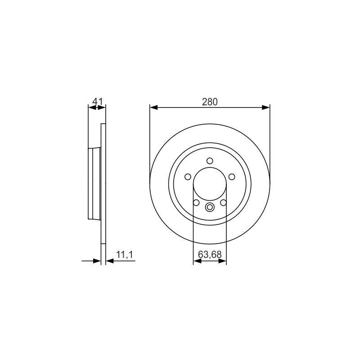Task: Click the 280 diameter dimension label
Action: [x=210, y=102]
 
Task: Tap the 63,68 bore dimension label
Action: [x=210, y=254]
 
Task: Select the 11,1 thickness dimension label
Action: [x=125, y=254]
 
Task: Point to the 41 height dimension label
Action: [x=97, y=101]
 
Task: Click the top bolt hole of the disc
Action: [x=210, y=161]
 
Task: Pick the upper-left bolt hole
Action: [x=188, y=177]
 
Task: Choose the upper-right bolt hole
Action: [x=232, y=177]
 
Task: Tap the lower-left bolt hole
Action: [x=196, y=203]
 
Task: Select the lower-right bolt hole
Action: [x=223, y=203]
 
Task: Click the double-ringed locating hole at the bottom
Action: [x=210, y=207]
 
